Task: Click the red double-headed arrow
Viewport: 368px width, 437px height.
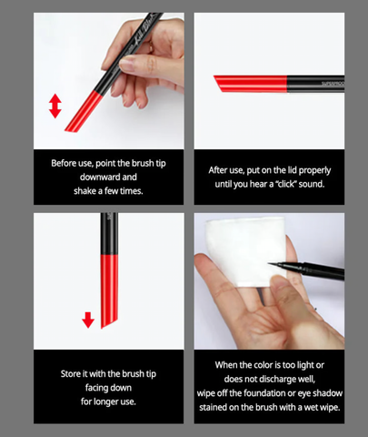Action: pos(55,106)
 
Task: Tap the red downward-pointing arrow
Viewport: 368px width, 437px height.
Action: pos(87,320)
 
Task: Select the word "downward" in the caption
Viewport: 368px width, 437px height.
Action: pos(116,178)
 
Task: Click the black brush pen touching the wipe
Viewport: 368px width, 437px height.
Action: pos(309,269)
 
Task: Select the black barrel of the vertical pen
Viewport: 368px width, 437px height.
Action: pos(109,233)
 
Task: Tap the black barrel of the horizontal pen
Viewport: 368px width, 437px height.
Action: pos(317,83)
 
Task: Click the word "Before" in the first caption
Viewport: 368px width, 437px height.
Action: pos(65,163)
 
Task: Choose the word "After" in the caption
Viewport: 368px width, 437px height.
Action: pos(221,169)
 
